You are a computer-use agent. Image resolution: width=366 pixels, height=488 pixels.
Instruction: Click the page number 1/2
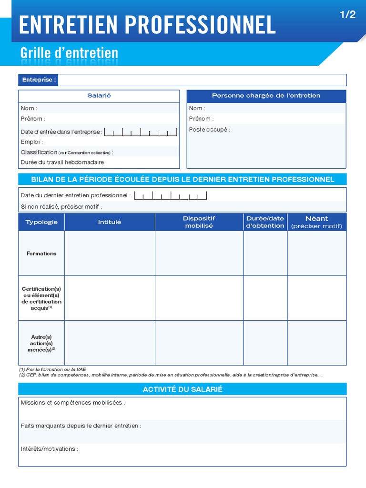348,15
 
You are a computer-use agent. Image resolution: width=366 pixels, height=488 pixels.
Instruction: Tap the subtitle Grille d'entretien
69,53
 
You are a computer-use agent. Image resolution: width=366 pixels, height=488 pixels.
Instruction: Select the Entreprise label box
38,80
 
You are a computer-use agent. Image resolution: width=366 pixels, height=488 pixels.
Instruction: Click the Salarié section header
99,96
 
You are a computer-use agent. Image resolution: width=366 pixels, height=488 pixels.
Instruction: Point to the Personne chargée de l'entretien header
266,96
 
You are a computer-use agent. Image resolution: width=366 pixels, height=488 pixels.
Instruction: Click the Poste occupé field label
209,130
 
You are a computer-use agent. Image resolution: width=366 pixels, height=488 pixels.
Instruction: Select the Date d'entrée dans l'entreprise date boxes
141,132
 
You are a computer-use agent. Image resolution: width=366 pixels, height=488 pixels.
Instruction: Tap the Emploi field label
31,142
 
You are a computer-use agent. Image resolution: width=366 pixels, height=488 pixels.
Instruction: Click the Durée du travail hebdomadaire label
63,163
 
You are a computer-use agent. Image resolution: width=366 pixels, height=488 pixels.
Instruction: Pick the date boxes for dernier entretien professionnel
171,195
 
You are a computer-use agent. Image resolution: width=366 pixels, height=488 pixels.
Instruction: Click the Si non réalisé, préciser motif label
61,207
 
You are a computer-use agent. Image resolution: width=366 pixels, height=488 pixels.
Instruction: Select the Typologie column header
41,222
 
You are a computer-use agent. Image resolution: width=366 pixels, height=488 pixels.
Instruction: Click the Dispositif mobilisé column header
199,222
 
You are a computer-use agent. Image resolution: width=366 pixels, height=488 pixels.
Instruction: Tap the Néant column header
316,222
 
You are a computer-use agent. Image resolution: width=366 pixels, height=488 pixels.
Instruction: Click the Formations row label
41,254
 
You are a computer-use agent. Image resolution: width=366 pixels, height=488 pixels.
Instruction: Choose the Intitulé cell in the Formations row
110,254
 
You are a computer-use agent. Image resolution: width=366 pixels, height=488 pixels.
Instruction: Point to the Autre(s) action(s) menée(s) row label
41,343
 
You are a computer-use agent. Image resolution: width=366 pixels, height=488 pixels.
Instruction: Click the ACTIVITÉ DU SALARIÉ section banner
183,389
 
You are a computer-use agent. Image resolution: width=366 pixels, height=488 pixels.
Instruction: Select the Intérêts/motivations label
49,449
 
